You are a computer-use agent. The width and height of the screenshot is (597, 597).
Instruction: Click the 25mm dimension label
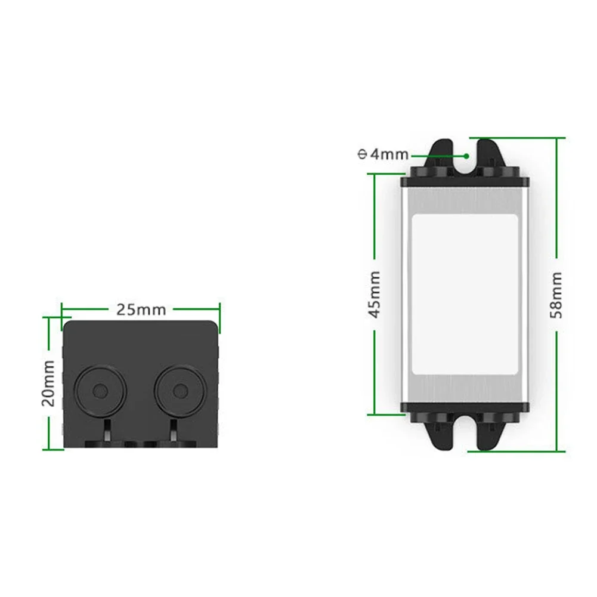point(141,310)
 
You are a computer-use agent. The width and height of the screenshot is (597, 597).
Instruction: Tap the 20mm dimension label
point(49,383)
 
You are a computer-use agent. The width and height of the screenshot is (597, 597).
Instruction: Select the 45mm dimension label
point(375,294)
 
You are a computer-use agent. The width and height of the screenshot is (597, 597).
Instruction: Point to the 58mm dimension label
point(556,295)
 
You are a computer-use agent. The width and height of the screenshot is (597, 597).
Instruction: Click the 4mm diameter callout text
point(383,154)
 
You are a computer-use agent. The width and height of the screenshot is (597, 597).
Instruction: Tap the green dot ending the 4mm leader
point(466,156)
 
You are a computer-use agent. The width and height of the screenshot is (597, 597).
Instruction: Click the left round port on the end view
point(100,391)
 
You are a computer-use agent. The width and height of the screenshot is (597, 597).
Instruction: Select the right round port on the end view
point(180,391)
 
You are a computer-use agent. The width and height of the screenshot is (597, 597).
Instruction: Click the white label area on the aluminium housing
point(465,294)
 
